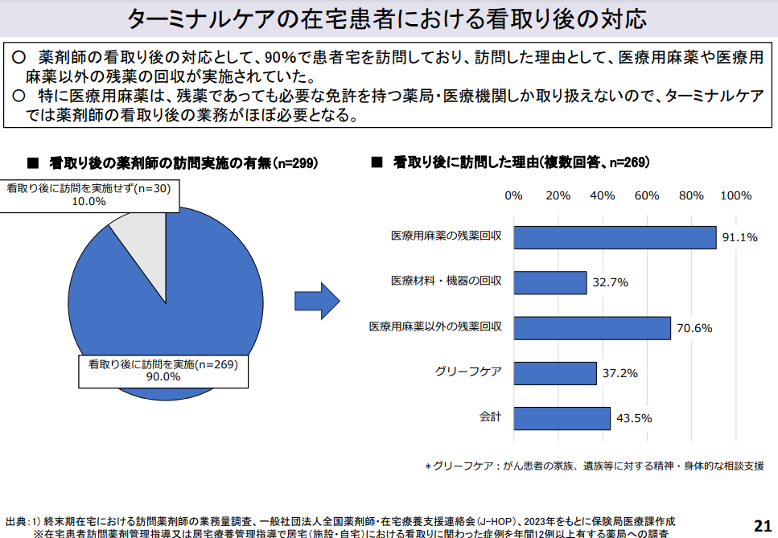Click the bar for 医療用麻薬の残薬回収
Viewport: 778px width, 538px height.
[x=615, y=237]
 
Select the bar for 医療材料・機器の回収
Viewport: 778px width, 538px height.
[x=550, y=282]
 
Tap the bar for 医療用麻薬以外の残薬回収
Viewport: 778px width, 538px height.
[x=591, y=327]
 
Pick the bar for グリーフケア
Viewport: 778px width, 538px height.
[x=554, y=373]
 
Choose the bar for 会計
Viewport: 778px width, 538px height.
[x=562, y=418]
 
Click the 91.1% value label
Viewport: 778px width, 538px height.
[x=740, y=237]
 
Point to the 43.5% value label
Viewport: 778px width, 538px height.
[x=634, y=418]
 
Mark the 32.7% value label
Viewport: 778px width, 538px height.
[x=610, y=283]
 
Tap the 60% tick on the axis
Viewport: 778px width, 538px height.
[x=647, y=195]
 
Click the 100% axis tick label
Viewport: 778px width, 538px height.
[x=735, y=195]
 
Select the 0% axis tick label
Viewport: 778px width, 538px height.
[x=513, y=195]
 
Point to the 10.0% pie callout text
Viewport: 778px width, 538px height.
[x=89, y=202]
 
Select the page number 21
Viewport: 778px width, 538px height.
[x=762, y=524]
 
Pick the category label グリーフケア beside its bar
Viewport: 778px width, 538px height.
[x=468, y=372]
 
